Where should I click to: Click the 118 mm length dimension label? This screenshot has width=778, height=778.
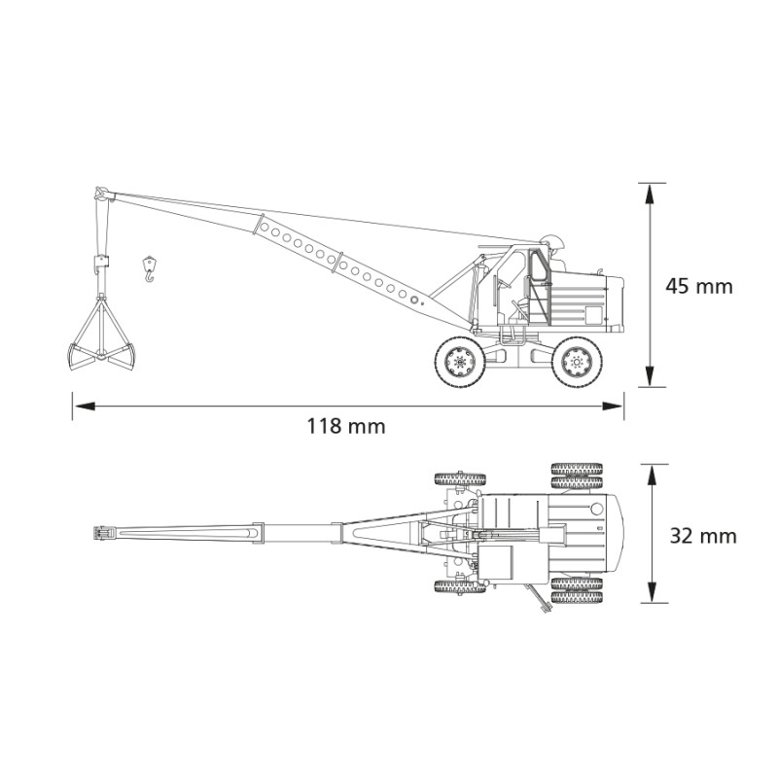pyautogui.click(x=346, y=426)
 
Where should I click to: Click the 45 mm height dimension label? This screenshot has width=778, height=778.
pyautogui.click(x=699, y=286)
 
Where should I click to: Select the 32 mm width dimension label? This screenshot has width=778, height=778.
pyautogui.click(x=703, y=536)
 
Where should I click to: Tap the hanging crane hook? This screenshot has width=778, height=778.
pyautogui.click(x=149, y=268)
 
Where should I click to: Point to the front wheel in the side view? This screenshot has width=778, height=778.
pyautogui.click(x=460, y=361)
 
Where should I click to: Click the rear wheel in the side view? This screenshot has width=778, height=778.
pyautogui.click(x=577, y=361)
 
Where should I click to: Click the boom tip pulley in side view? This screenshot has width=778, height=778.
pyautogui.click(x=102, y=194)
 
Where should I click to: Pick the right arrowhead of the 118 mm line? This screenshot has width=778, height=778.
pyautogui.click(x=613, y=406)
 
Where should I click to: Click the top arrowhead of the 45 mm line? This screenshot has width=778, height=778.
pyautogui.click(x=651, y=194)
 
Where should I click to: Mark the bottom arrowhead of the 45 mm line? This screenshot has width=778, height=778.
pyautogui.click(x=651, y=376)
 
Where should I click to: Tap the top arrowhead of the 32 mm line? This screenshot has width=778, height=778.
pyautogui.click(x=653, y=475)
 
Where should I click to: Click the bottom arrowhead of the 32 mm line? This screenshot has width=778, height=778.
pyautogui.click(x=653, y=592)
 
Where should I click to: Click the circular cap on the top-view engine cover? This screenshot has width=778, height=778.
pyautogui.click(x=597, y=509)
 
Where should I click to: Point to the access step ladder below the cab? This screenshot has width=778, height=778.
pyautogui.click(x=513, y=335)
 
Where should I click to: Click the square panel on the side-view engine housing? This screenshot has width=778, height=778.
pyautogui.click(x=593, y=315)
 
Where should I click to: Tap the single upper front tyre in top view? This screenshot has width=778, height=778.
pyautogui.click(x=460, y=479)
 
